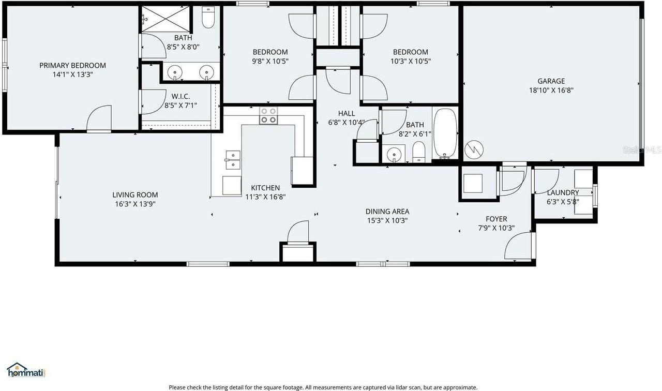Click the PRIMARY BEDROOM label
coord(72,66)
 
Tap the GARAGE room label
coord(551,81)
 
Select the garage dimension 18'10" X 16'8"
coord(551,90)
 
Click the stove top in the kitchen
coord(268,115)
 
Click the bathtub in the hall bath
coord(445,132)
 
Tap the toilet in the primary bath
coord(208,18)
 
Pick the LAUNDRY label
coord(563,192)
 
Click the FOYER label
coord(496,219)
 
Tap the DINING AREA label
coord(387,211)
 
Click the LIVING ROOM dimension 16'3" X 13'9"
coord(135,204)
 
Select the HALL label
coord(347,113)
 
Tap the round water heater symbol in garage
coord(474,149)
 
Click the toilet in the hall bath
coord(418,152)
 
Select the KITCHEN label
coord(265,188)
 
